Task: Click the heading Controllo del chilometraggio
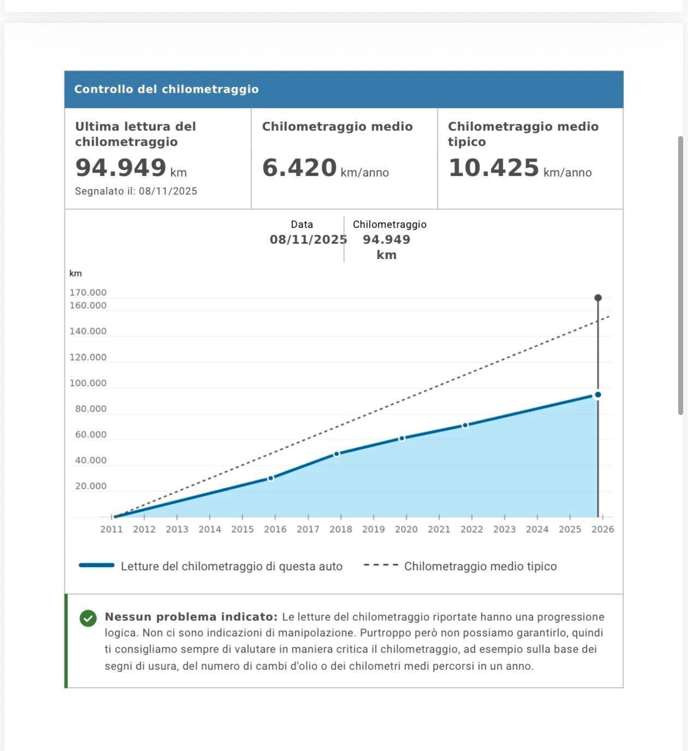click(x=167, y=89)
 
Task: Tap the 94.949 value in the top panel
click(x=121, y=168)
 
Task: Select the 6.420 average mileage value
click(x=299, y=168)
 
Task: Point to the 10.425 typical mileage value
click(x=494, y=168)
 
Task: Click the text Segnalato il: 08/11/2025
click(x=136, y=191)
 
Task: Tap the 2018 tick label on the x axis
click(x=341, y=529)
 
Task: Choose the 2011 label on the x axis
click(x=111, y=529)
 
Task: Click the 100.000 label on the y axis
click(x=88, y=383)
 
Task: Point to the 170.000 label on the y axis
click(x=88, y=293)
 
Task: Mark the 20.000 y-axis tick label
click(x=91, y=486)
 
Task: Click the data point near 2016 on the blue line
click(x=270, y=478)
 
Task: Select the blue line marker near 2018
click(x=336, y=454)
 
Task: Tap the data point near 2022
click(x=465, y=425)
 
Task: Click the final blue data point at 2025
click(x=598, y=394)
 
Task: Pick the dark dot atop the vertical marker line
click(x=598, y=298)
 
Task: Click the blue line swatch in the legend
click(x=97, y=565)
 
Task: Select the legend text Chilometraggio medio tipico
click(x=481, y=566)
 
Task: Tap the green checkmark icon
click(x=88, y=618)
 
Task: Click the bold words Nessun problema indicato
click(x=191, y=617)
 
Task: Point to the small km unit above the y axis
click(x=75, y=273)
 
